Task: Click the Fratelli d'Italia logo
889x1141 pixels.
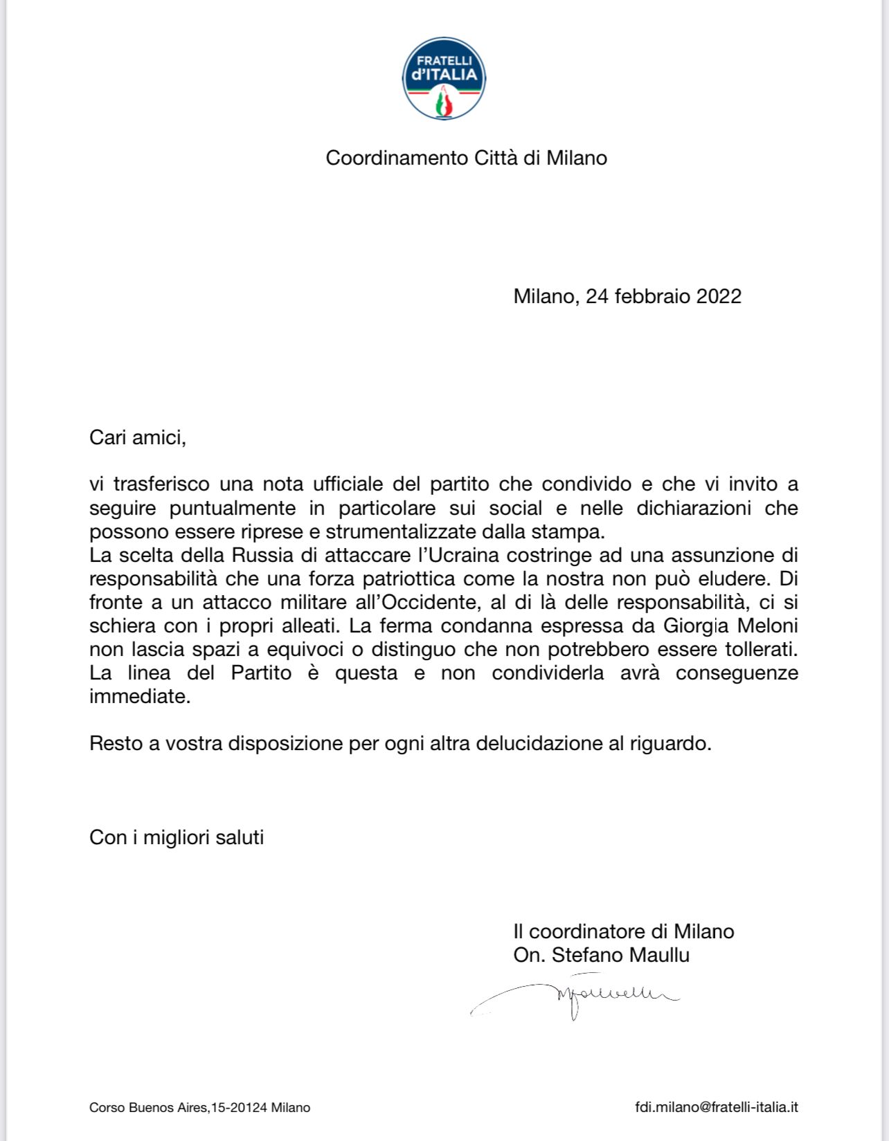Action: click(x=444, y=78)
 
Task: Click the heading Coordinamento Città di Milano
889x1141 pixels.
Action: click(x=466, y=158)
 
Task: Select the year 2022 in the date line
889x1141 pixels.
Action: click(x=719, y=296)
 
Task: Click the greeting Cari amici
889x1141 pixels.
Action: click(x=138, y=437)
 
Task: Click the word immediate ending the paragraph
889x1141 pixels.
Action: click(x=139, y=696)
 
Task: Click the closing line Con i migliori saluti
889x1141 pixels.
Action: click(x=177, y=837)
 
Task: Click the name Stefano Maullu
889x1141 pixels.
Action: click(x=620, y=955)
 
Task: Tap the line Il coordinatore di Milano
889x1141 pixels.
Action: click(x=623, y=931)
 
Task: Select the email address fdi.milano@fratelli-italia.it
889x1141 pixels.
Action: click(x=716, y=1107)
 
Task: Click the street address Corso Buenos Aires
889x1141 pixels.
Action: click(x=149, y=1108)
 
